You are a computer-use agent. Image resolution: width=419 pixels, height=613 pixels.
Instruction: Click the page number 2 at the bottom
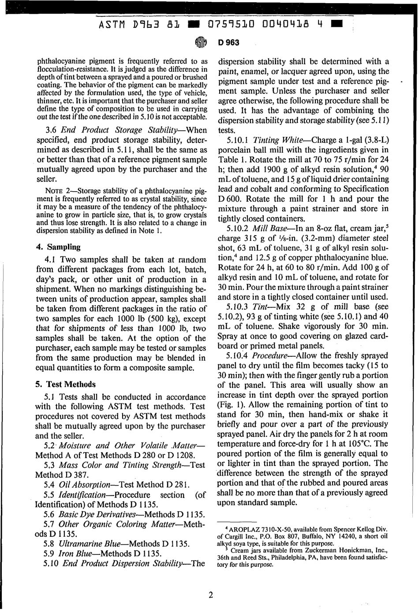pos(210,595)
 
